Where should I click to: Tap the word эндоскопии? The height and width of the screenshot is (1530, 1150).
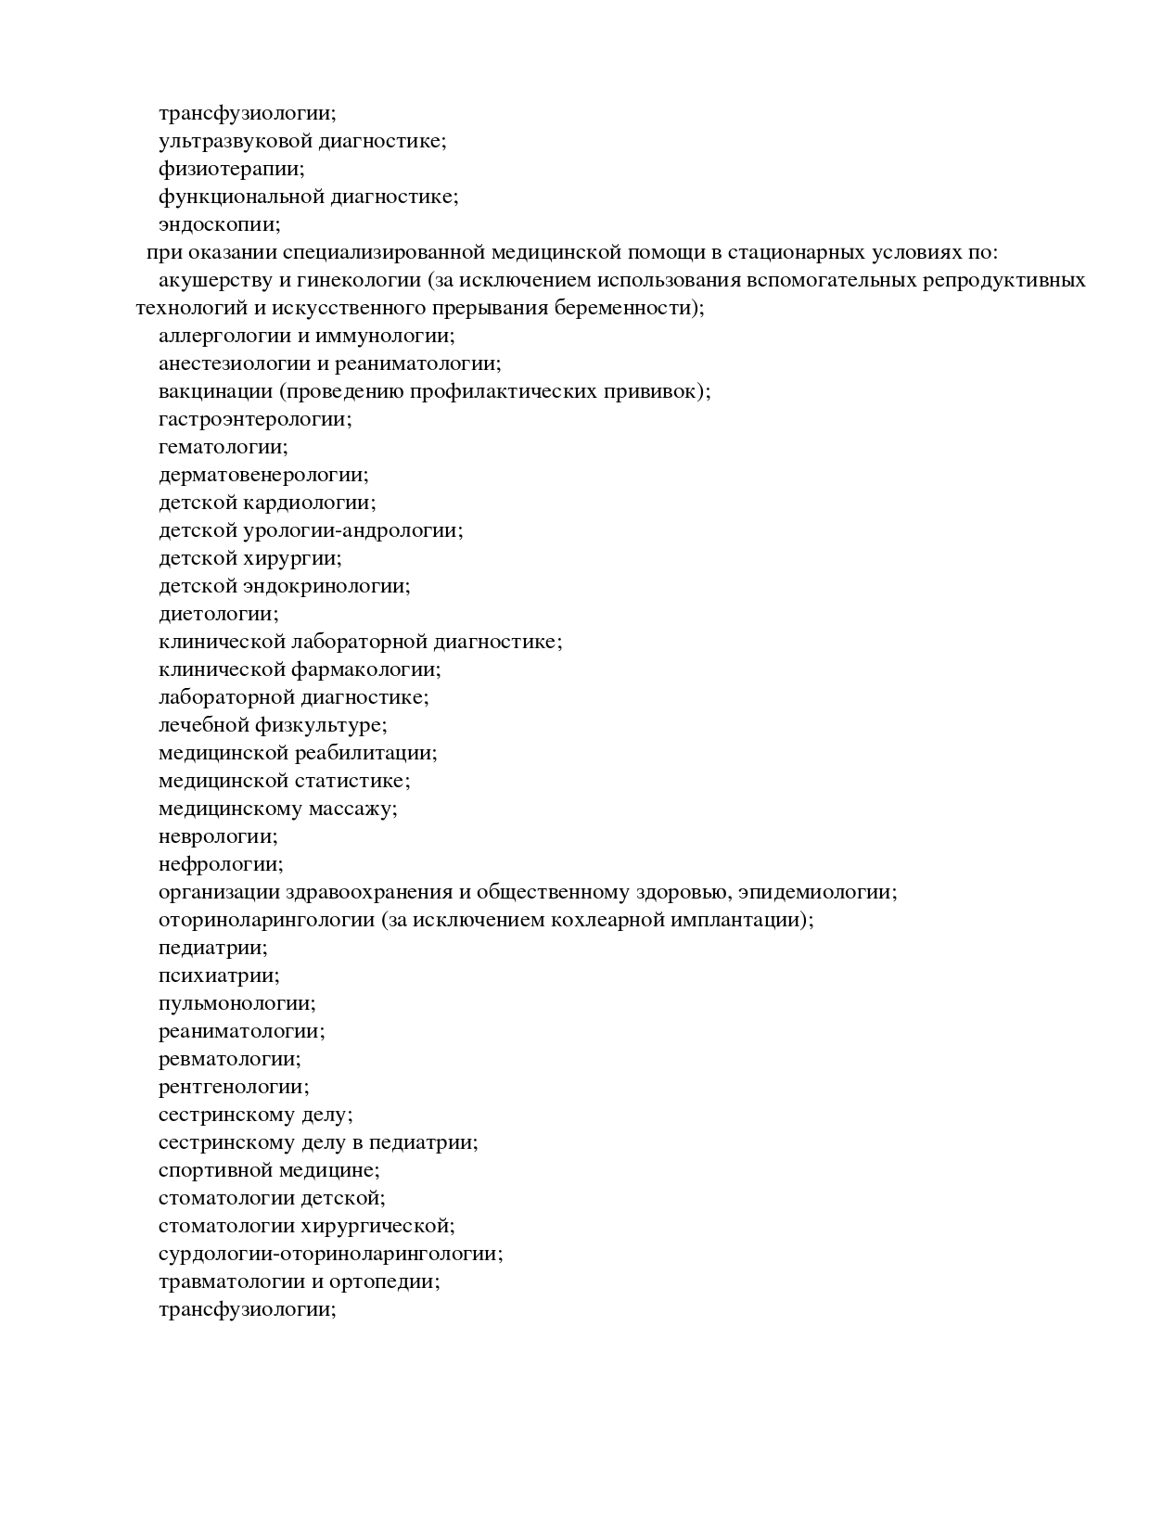tap(219, 225)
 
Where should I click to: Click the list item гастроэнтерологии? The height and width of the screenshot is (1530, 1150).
tap(255, 419)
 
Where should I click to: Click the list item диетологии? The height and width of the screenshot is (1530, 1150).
tap(218, 614)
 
